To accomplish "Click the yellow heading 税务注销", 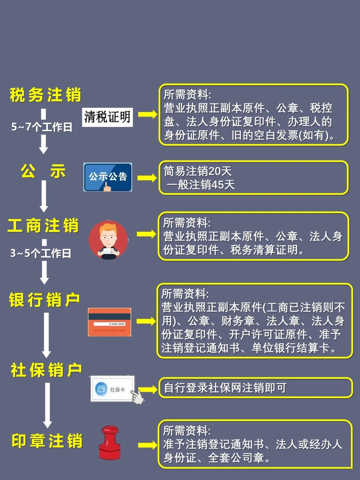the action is coord(45,95).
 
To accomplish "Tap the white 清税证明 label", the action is coord(107,117).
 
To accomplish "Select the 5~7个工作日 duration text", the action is coord(42,127).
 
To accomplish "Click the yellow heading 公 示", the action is coord(43,171).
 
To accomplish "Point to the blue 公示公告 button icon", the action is coord(108,177).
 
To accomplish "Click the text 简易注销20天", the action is coord(198,171).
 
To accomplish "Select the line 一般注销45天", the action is coord(201,185).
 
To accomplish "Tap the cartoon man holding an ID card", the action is coord(108,240).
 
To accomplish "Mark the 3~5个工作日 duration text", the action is coord(41,253).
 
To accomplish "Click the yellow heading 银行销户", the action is coord(44,300).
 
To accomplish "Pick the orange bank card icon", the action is coord(110,322).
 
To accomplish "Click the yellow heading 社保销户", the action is coord(46,370).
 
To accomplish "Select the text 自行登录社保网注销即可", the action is coord(225,388).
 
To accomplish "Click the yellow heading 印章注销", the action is coord(47,441).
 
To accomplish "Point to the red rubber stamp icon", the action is coord(110,443).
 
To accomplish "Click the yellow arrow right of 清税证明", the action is coord(148,114).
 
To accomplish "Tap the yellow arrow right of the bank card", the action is coord(146,321).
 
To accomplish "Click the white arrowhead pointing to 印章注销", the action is coord(47,424).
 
